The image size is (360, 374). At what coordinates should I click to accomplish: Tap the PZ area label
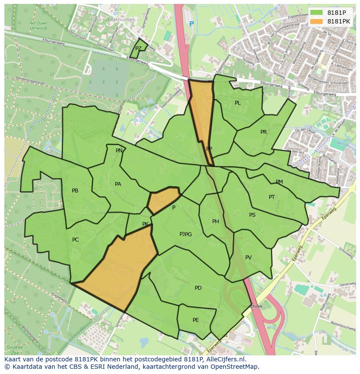point(138,49)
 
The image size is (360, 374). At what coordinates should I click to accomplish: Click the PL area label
point(237,103)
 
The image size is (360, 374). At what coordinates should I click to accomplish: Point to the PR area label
point(263,132)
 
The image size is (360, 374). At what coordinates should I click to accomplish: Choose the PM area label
point(279,182)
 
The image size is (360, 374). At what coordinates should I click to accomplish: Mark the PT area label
point(272,197)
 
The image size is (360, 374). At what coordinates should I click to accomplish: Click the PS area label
point(252,215)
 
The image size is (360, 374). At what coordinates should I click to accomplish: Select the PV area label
point(248,258)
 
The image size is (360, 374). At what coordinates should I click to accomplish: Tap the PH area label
point(215,222)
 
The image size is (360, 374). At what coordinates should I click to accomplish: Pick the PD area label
point(198,288)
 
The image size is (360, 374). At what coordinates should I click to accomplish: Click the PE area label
point(196,320)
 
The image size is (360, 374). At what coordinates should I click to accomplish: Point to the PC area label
point(76,240)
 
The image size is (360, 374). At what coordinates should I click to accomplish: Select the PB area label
point(75,191)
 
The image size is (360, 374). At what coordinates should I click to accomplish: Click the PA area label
point(118,184)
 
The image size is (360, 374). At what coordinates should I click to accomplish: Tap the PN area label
point(119,151)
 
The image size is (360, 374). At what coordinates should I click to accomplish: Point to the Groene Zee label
point(14,349)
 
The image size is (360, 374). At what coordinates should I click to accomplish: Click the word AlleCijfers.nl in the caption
point(225,360)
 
